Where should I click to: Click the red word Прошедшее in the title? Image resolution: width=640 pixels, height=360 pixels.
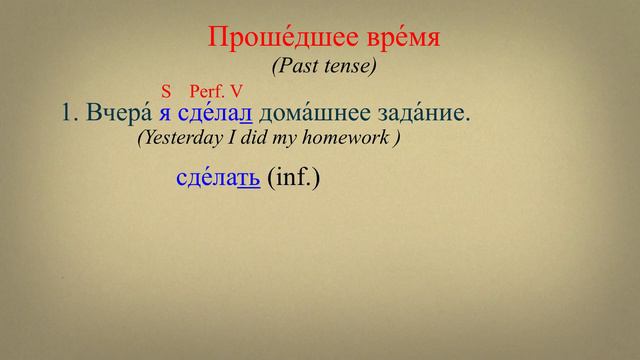(x=270, y=39)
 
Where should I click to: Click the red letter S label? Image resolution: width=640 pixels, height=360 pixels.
(x=166, y=90)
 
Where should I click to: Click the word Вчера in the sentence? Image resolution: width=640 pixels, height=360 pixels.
(x=119, y=114)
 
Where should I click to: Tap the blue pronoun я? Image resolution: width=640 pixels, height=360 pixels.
(x=165, y=115)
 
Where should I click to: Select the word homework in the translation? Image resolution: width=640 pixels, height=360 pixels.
(x=343, y=139)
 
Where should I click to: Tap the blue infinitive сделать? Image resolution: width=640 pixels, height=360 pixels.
(x=217, y=178)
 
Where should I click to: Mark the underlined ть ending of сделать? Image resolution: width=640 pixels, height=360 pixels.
(x=249, y=178)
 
